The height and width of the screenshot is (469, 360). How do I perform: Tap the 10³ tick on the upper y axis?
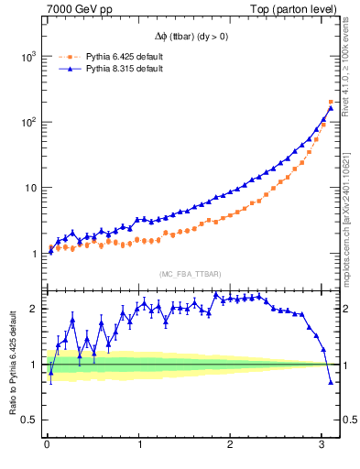27,56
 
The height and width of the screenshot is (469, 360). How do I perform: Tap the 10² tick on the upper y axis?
27,122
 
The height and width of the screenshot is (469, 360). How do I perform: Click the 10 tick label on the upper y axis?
29,188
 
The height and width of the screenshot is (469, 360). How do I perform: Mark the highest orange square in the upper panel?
331,102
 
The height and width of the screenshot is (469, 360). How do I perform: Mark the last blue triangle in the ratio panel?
331,383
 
